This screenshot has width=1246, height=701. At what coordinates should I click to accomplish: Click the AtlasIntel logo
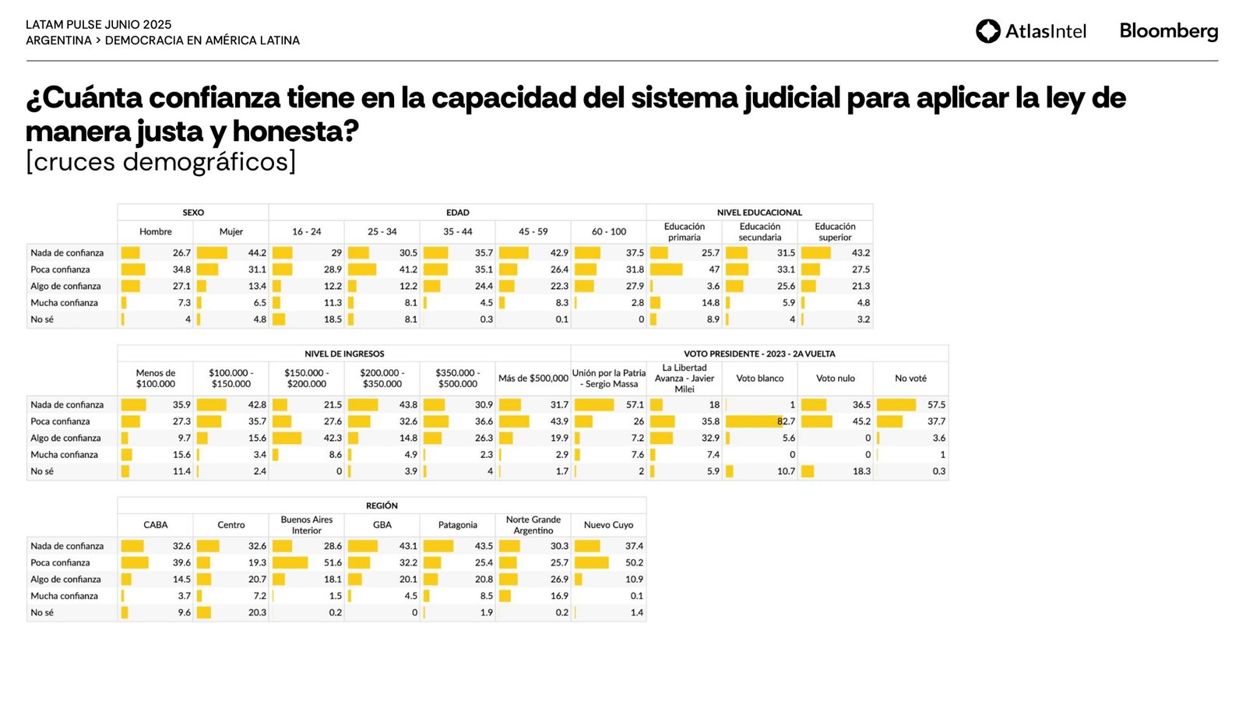click(1030, 31)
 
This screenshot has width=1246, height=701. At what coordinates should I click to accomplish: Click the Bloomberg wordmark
click(1168, 31)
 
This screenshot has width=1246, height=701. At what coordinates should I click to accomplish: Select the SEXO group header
click(193, 213)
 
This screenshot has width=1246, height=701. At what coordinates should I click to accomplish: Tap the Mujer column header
click(231, 232)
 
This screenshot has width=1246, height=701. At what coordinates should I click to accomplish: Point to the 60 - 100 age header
click(609, 232)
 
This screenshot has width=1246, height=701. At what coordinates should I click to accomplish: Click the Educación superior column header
click(835, 232)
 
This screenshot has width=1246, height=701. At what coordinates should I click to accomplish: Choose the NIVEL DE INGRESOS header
click(344, 354)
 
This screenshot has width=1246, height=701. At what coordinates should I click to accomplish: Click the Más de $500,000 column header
click(533, 379)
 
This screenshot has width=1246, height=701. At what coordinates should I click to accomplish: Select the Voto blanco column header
click(760, 379)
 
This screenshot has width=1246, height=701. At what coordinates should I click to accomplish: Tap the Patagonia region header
click(458, 525)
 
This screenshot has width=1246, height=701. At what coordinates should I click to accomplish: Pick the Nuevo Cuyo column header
click(609, 525)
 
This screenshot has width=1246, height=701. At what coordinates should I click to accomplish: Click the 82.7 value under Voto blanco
click(786, 421)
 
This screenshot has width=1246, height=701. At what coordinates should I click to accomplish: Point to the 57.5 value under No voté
click(936, 405)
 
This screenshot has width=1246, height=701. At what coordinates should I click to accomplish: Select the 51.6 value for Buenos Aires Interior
click(333, 562)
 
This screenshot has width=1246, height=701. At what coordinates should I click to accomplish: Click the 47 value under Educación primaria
click(714, 269)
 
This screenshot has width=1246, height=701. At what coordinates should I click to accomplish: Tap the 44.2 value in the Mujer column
click(257, 253)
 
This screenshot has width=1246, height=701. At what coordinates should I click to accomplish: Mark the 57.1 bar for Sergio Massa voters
click(594, 405)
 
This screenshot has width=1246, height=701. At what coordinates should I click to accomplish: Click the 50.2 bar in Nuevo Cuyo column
click(592, 562)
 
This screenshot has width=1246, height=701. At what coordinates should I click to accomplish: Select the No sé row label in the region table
click(42, 613)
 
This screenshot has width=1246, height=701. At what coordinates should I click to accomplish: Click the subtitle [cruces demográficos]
click(161, 162)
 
